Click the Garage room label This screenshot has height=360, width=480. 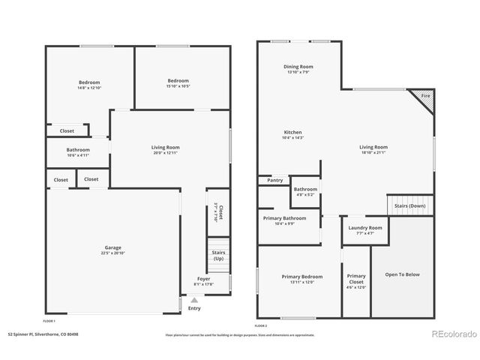point(112,247)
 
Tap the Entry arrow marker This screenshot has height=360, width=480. point(194,299)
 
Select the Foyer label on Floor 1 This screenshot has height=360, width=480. point(204,278)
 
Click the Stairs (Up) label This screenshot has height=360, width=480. point(218,256)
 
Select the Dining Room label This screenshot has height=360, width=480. point(298,67)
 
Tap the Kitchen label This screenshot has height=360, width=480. point(292,133)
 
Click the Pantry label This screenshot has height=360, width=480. point(274,180)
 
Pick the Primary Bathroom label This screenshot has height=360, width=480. point(284,217)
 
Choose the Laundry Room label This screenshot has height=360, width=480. point(365,227)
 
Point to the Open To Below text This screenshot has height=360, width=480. point(402,274)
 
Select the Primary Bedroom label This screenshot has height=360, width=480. point(301,277)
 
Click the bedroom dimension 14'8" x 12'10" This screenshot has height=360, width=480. point(89,88)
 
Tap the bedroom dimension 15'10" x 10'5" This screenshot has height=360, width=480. point(178,86)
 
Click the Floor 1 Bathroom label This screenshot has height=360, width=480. point(78,150)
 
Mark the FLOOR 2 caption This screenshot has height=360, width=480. point(261,325)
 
